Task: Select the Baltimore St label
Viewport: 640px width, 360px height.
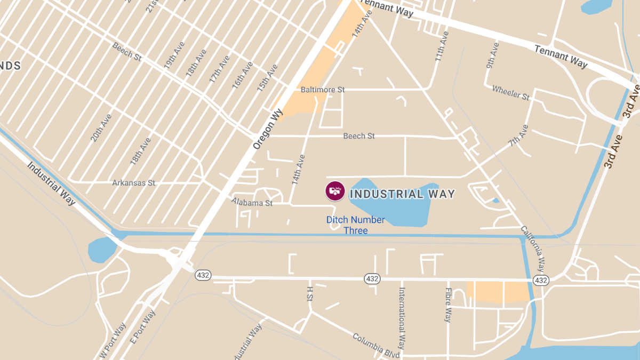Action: point(323,90)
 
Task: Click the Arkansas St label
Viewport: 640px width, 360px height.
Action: point(134,183)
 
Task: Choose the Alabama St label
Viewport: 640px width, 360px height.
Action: point(252,203)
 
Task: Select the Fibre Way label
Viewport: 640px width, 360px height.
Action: point(449,305)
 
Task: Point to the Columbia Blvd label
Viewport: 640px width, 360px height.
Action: point(376,346)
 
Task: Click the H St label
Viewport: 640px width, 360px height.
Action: point(309,294)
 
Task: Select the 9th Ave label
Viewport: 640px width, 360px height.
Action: point(492,55)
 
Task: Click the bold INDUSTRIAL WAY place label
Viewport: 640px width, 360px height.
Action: point(402,194)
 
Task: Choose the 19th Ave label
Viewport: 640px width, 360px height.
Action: point(174,55)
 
